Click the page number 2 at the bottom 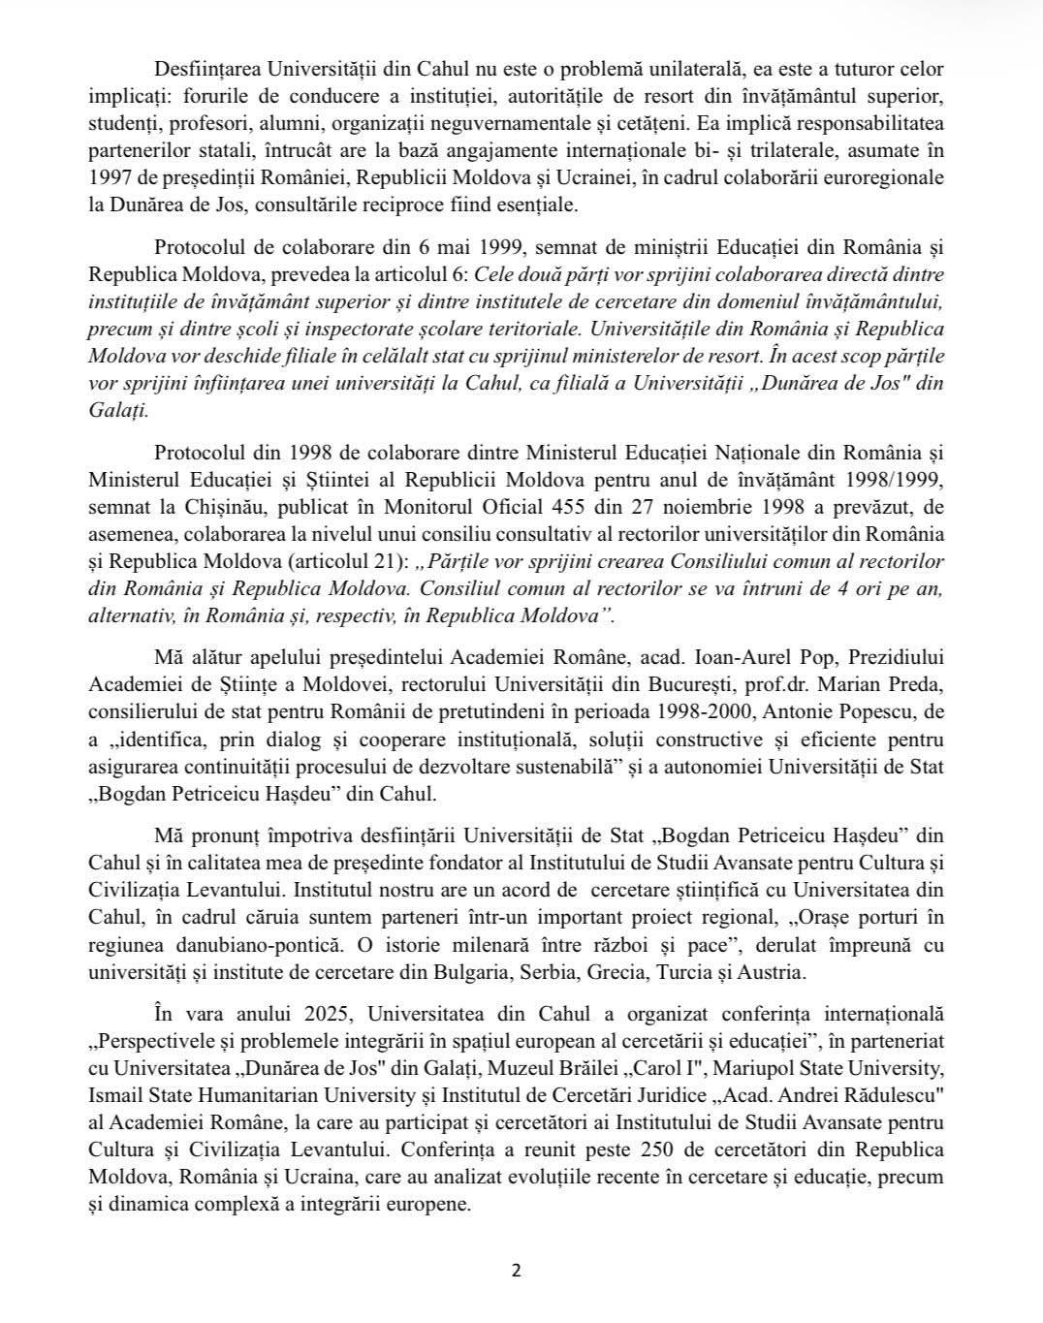tap(516, 1271)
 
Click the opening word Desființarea tap(207, 70)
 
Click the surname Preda tap(910, 684)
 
